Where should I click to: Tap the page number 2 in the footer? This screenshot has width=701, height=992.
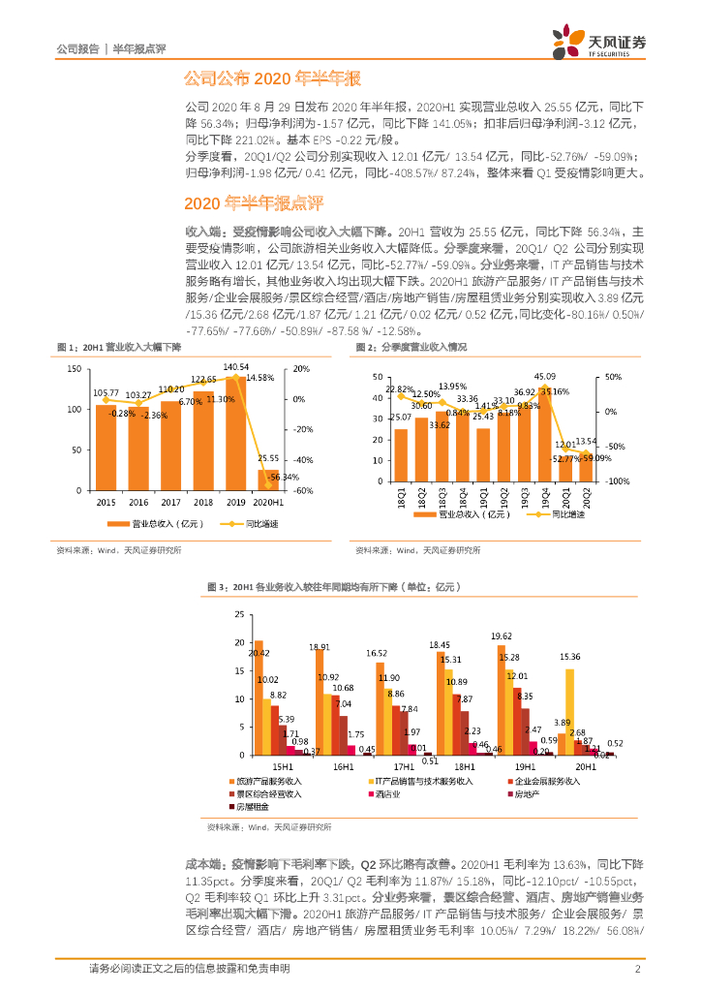pos(637,969)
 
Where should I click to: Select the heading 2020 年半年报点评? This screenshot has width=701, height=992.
pos(253,203)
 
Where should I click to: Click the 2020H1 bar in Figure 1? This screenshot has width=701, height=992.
pos(268,480)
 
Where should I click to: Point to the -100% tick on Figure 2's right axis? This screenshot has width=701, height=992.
pos(618,480)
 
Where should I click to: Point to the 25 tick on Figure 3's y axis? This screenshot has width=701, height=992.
pos(241,615)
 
